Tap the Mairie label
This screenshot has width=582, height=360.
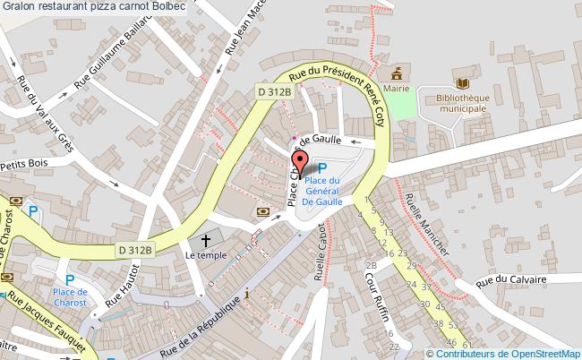tap(398, 89)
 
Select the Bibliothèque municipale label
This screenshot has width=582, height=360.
tap(456, 102)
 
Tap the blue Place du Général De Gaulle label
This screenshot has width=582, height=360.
tap(321, 190)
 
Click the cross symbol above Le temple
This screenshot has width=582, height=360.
tap(205, 240)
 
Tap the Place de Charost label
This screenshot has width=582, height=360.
tap(69, 297)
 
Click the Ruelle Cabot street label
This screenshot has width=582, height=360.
tap(320, 254)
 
